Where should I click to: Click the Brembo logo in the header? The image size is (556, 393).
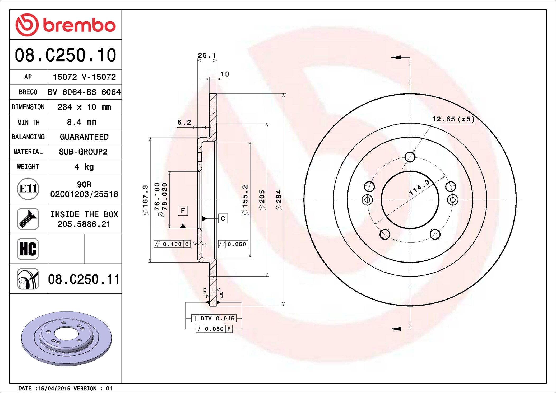(66, 25)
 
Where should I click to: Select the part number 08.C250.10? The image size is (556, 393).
(66, 55)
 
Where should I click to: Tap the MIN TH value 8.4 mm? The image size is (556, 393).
(81, 122)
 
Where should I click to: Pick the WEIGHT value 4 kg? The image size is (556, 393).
(84, 167)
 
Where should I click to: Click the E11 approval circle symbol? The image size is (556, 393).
(28, 189)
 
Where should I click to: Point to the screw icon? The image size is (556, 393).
(28, 219)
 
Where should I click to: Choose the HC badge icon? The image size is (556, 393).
(28, 249)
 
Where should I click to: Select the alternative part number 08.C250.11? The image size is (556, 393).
(84, 279)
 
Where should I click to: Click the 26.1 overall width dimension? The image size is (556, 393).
(207, 55)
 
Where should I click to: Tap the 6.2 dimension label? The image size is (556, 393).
(184, 122)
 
